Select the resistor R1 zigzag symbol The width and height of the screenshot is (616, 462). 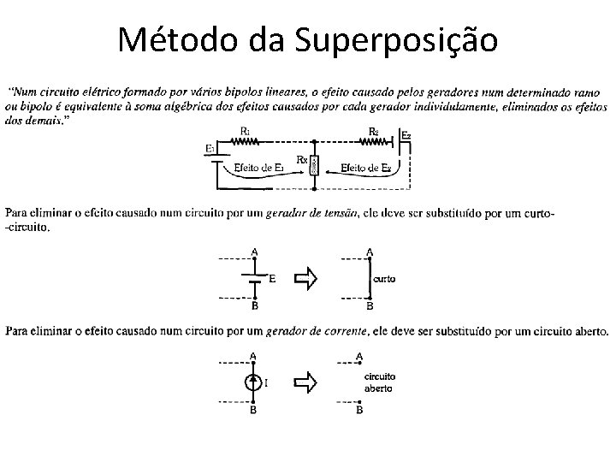click(x=246, y=142)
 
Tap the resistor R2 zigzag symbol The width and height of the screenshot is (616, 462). click(x=373, y=142)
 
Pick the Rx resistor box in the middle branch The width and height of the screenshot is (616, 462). click(x=314, y=165)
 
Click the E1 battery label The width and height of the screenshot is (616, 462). click(x=210, y=148)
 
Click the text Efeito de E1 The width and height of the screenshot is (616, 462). click(x=258, y=169)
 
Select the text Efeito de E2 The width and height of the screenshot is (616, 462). click(x=366, y=169)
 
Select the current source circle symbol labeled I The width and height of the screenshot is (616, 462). click(x=252, y=382)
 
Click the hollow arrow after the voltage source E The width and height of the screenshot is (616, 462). click(x=305, y=278)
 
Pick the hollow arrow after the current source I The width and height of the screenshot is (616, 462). click(x=305, y=382)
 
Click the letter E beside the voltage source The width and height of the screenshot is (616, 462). click(x=272, y=278)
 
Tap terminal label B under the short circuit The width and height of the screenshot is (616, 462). click(x=370, y=305)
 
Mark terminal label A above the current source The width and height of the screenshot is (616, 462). click(x=252, y=355)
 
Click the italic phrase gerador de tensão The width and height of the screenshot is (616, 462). click(x=317, y=212)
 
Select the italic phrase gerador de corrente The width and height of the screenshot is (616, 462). click(x=319, y=330)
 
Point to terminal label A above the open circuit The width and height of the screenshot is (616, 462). click(x=359, y=355)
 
